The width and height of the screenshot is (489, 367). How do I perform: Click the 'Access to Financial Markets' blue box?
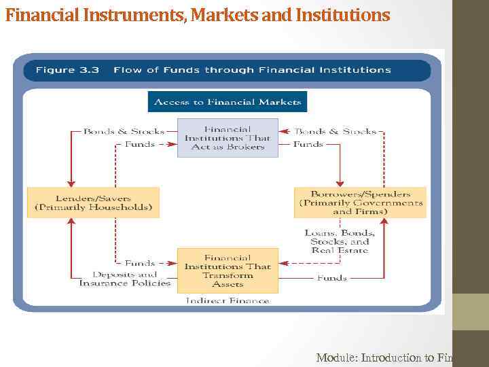228,102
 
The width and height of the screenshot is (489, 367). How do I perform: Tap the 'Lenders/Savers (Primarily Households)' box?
93,202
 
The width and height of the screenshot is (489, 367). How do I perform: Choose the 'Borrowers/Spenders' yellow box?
360,202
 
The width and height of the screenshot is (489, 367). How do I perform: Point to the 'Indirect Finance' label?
228,300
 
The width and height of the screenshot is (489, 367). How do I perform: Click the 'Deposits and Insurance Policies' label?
125,279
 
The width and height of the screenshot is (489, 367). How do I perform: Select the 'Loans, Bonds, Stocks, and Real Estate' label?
340,241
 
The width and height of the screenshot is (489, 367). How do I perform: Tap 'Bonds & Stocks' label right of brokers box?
336,131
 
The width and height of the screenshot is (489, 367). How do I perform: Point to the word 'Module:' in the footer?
336,357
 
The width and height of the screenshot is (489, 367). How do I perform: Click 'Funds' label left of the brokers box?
140,144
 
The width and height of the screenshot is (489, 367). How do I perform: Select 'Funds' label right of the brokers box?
308,144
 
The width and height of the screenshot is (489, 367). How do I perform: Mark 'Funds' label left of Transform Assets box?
140,263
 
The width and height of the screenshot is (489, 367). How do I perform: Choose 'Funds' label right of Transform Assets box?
332,277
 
